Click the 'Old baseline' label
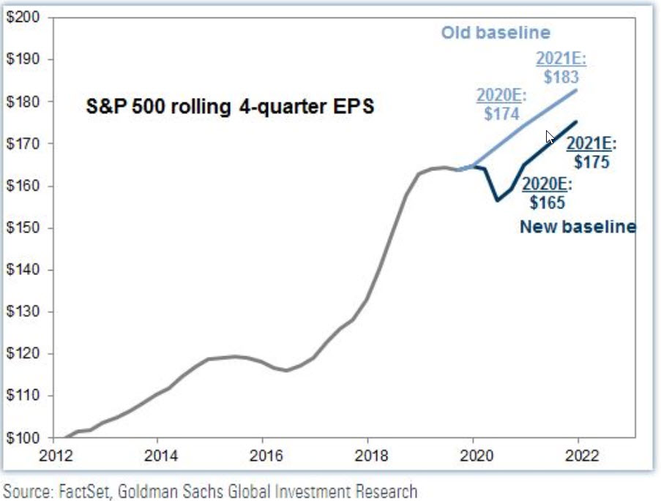(495, 33)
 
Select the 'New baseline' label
(578, 227)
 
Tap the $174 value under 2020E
(501, 114)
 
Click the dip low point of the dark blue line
(496, 200)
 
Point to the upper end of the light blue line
(577, 90)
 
